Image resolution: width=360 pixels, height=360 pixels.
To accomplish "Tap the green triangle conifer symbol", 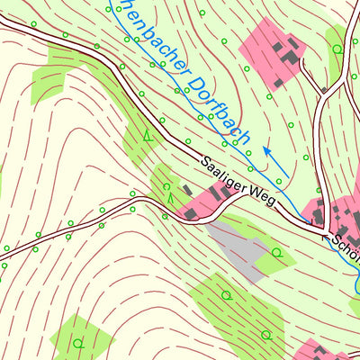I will [148, 137].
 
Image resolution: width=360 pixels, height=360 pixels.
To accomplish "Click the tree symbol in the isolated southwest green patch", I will [79, 342].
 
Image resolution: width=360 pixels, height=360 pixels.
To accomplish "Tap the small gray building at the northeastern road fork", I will [323, 88].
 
